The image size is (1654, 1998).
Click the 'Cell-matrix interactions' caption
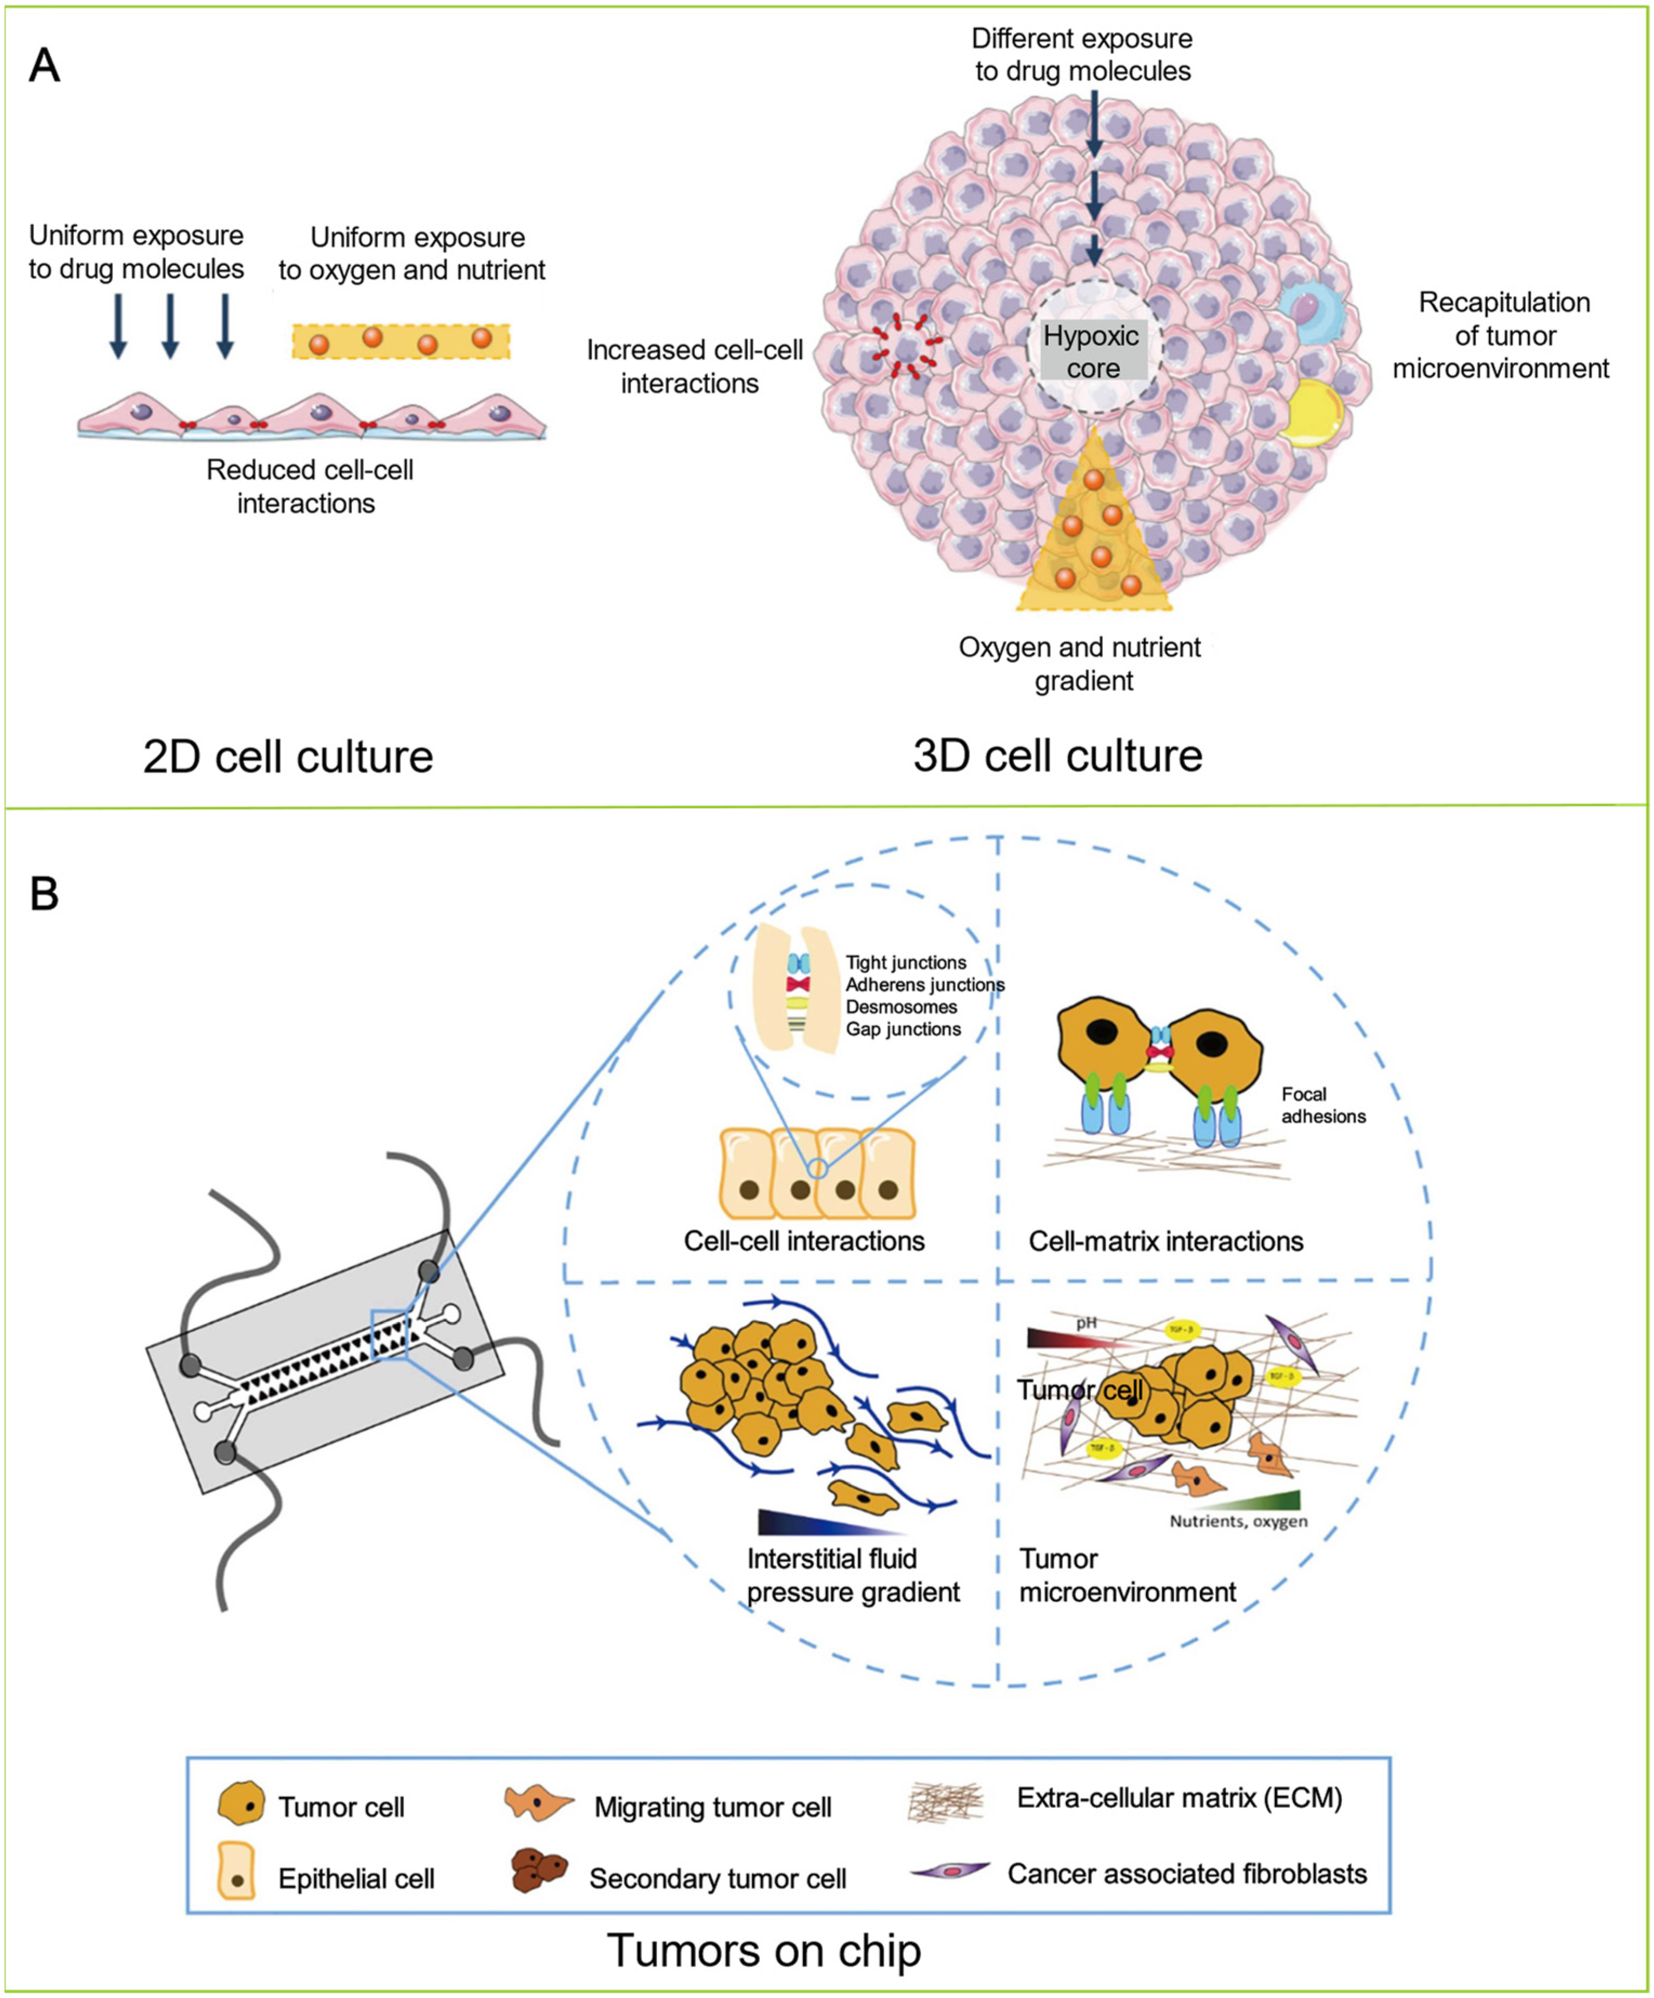1165,1240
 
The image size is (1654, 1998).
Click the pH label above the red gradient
1086,1323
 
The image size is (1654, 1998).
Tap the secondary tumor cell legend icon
539,1869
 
